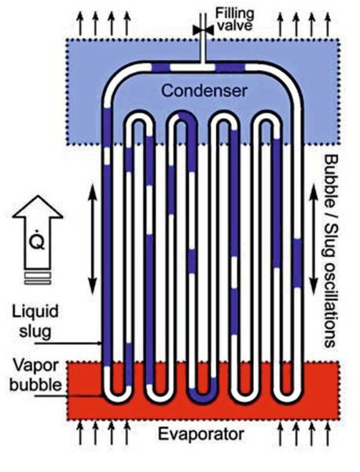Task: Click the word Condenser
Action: [x=204, y=90]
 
